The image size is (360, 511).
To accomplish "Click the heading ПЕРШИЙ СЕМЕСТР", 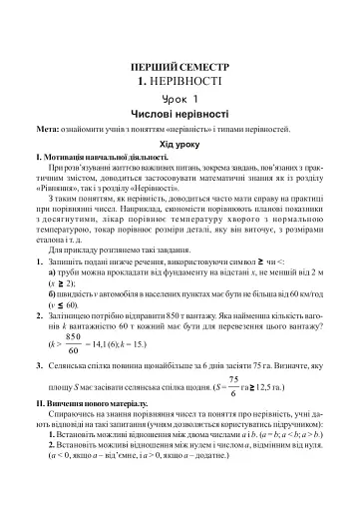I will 180,61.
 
